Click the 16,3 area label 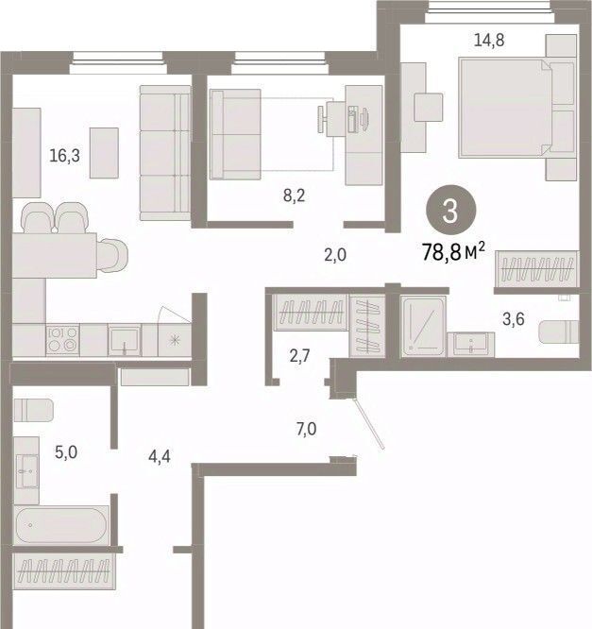click(x=64, y=156)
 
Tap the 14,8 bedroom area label click(x=489, y=40)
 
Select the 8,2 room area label click(x=294, y=195)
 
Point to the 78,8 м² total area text click(x=453, y=251)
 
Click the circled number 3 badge click(x=450, y=211)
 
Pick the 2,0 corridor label click(x=335, y=255)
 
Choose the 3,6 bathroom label click(x=514, y=319)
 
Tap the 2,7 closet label click(x=299, y=355)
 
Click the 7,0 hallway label click(x=307, y=429)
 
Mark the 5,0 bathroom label click(x=66, y=452)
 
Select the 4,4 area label click(x=160, y=456)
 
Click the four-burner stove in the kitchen click(x=62, y=339)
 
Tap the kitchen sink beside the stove click(x=125, y=340)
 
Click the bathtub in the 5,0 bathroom click(x=61, y=525)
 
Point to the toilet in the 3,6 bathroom click(x=558, y=331)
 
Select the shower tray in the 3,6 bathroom click(x=423, y=326)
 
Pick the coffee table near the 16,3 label click(x=104, y=153)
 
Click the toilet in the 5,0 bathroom click(x=33, y=411)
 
